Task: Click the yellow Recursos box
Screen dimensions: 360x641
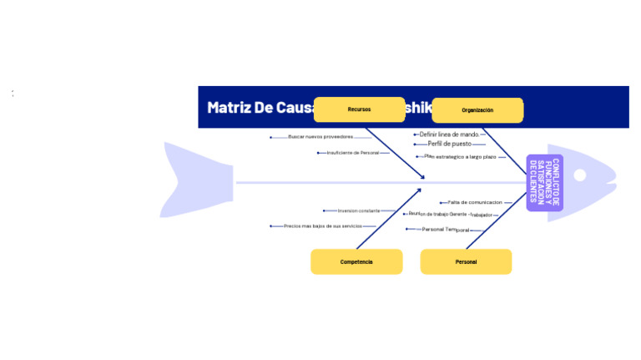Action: click(359, 109)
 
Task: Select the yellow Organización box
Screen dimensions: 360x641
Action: click(477, 110)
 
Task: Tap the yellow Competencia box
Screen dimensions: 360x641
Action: click(356, 261)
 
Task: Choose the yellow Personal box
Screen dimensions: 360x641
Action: click(466, 261)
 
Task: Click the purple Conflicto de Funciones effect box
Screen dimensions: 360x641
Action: click(544, 182)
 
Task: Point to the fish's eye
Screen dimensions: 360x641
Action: click(579, 175)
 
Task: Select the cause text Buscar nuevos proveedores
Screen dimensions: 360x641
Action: click(320, 137)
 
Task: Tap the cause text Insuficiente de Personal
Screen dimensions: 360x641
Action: click(353, 153)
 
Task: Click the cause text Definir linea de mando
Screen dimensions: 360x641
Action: click(449, 134)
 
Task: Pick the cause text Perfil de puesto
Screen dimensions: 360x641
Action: click(449, 145)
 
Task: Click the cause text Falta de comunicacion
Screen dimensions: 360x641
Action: click(474, 202)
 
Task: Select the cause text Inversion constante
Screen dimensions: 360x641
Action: click(359, 210)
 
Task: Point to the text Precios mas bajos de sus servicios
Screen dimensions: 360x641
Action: click(322, 226)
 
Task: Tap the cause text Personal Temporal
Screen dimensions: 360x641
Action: click(445, 229)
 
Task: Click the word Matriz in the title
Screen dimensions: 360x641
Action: click(228, 108)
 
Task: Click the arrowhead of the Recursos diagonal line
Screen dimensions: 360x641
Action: click(423, 177)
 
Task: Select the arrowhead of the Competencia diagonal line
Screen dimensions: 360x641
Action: click(420, 190)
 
